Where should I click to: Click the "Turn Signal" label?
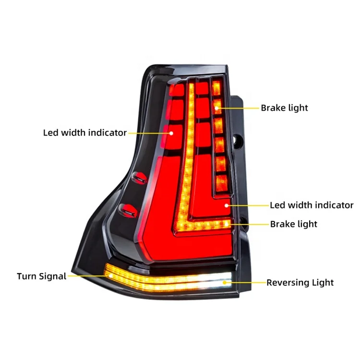(41, 276)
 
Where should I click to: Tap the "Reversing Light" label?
(300, 283)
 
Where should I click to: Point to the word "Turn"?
(26, 276)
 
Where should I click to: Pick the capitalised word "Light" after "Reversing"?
(324, 283)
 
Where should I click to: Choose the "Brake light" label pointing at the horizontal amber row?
(293, 224)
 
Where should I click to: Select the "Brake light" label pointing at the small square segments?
(284, 108)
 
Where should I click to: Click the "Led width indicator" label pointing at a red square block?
(85, 132)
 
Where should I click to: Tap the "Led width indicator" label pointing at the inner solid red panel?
(312, 205)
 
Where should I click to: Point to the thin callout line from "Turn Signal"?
(86, 276)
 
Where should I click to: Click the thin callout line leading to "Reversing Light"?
(250, 283)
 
